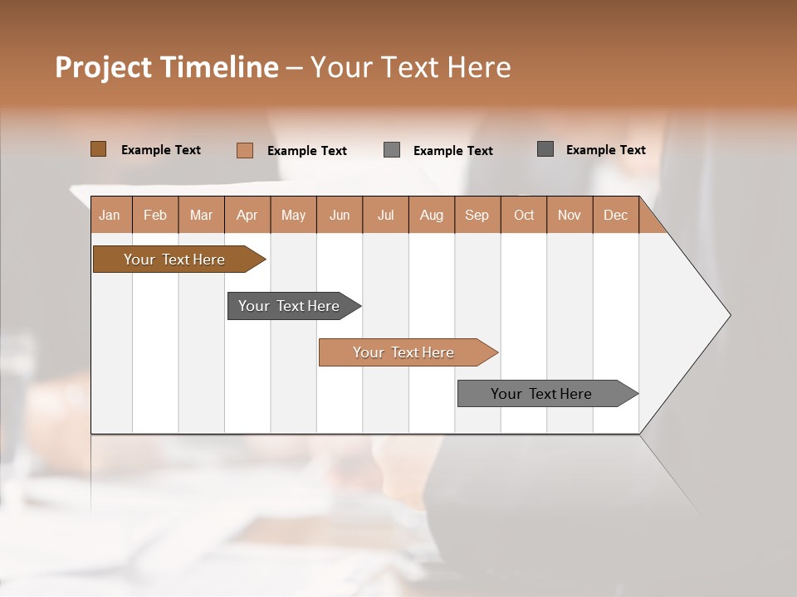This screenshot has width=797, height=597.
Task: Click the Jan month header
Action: [x=110, y=215]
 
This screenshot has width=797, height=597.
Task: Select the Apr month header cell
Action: [x=247, y=215]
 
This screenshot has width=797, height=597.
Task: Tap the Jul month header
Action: [x=385, y=215]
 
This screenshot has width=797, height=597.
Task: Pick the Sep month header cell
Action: [x=477, y=215]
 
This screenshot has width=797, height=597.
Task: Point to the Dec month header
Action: [x=615, y=215]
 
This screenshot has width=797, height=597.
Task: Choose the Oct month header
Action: [x=523, y=215]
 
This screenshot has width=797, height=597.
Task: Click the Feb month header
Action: [x=155, y=215]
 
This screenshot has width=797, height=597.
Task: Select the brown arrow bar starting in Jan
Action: [x=174, y=260]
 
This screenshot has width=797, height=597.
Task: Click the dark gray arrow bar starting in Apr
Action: [x=289, y=306]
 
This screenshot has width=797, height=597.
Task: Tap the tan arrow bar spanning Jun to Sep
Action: [x=403, y=352]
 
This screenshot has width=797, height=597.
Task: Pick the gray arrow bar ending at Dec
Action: [x=541, y=394]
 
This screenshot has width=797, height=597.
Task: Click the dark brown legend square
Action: [x=98, y=149]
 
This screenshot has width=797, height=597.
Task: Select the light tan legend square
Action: [x=244, y=150]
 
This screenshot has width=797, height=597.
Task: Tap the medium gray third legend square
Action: [x=392, y=150]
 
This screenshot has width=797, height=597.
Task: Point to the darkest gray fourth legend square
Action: [x=545, y=149]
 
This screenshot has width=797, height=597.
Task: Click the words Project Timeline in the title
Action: [x=166, y=67]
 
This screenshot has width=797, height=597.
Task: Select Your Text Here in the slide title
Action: [x=410, y=67]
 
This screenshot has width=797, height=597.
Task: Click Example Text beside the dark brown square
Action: [x=161, y=150]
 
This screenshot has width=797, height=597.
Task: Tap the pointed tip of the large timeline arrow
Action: [x=727, y=315]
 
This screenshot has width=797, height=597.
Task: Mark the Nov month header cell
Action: [x=570, y=215]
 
